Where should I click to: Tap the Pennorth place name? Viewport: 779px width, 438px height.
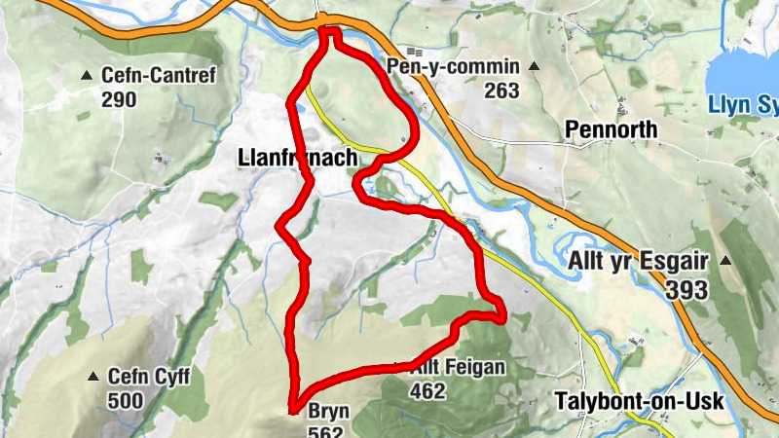pyautogui.click(x=624, y=130)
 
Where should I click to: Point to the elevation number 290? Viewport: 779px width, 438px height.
pyautogui.click(x=118, y=98)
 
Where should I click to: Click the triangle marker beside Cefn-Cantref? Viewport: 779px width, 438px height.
pyautogui.click(x=87, y=75)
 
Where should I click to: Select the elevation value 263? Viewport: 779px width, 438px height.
pyautogui.click(x=500, y=91)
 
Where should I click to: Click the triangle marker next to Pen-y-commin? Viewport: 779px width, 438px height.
pyautogui.click(x=533, y=67)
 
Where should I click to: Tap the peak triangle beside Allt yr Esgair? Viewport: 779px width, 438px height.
pyautogui.click(x=725, y=261)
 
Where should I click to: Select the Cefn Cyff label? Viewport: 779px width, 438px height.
pyautogui.click(x=149, y=377)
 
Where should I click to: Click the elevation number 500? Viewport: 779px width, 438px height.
pyautogui.click(x=126, y=400)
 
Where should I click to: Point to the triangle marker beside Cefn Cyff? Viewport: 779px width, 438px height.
pyautogui.click(x=93, y=377)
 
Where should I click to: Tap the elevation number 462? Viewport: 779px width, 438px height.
pyautogui.click(x=428, y=391)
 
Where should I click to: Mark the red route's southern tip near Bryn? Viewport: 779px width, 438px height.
pyautogui.click(x=292, y=410)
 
